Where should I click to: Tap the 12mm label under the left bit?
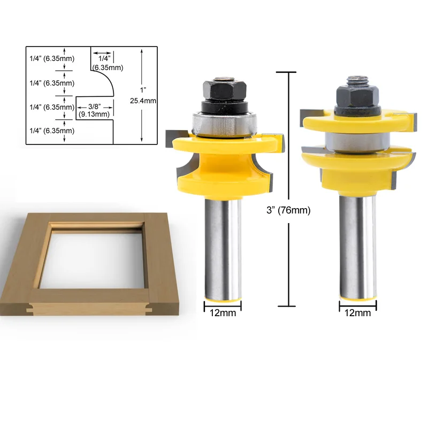pos(222,314)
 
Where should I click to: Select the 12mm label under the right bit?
pos(357,314)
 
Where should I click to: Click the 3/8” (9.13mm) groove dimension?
pos(94,110)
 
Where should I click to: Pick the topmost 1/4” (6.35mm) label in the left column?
pos(51,58)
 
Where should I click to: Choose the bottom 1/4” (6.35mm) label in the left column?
pos(51,131)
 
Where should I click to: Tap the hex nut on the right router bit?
pos(356,96)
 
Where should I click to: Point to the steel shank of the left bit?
pos(223,241)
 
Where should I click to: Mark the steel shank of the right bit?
pos(357,241)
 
